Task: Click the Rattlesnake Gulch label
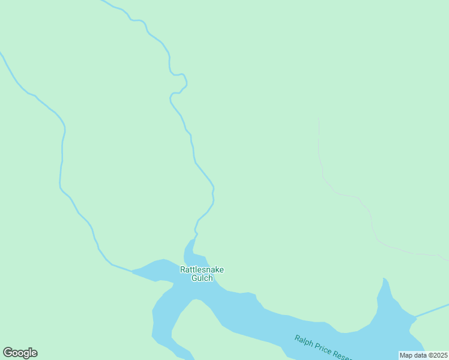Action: coord(202,274)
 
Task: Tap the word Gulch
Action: coord(202,278)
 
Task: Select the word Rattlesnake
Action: coord(202,269)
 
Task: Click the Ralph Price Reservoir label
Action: coord(322,348)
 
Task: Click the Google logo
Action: coord(20,353)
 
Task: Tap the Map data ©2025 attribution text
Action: coord(423,355)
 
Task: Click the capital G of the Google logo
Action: coord(8,353)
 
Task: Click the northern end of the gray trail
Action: coord(318,119)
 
